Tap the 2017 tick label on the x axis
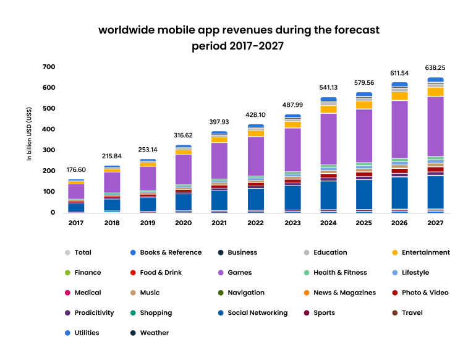pyautogui.click(x=75, y=223)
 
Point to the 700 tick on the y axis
pyautogui.click(x=48, y=67)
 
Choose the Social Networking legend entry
pyautogui.click(x=257, y=313)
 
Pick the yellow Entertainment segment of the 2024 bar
pyautogui.click(x=328, y=109)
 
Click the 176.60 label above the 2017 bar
pyautogui.click(x=76, y=169)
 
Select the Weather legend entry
pyautogui.click(x=155, y=333)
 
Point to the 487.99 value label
pyautogui.click(x=292, y=105)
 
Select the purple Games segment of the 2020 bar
pyautogui.click(x=184, y=169)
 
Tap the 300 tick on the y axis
pyautogui.click(x=48, y=150)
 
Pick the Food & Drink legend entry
pyautogui.click(x=159, y=273)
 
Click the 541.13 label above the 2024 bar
pyautogui.click(x=328, y=87)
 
